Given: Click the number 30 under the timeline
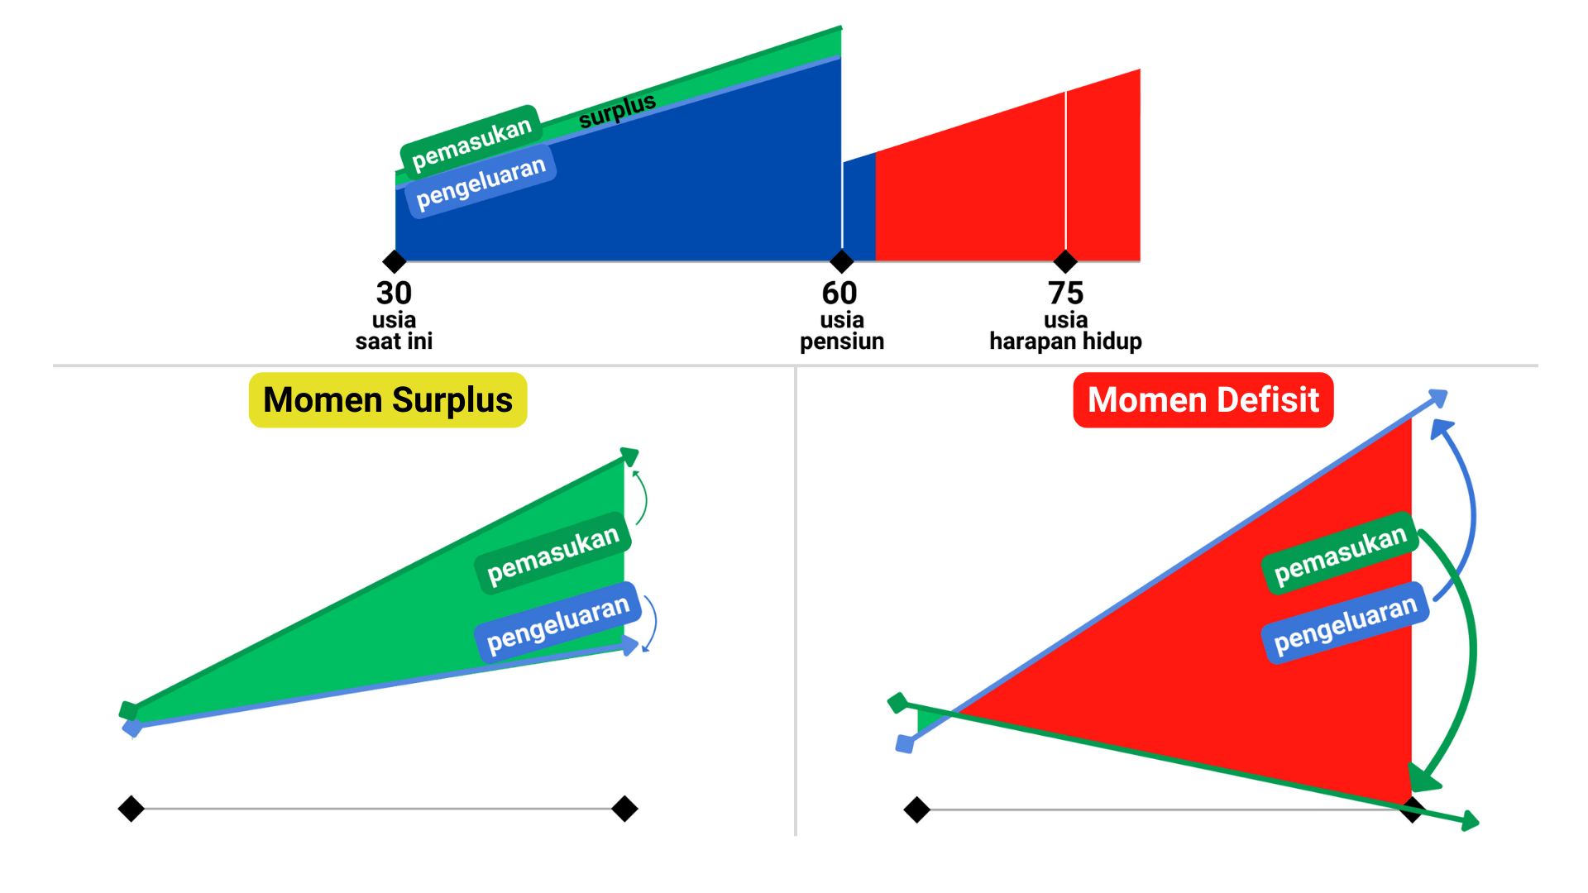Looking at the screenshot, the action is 394,293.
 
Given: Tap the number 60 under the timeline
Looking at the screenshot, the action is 839,293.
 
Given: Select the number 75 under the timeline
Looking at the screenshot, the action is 1065,293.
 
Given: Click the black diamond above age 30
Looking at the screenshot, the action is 395,262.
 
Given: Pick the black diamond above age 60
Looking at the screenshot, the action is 841,262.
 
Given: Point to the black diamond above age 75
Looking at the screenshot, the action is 1065,262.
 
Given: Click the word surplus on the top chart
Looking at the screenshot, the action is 617,111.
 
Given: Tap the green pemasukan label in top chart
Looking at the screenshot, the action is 471,142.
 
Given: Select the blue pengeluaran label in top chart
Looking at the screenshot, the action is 481,182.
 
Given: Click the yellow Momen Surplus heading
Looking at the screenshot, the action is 388,400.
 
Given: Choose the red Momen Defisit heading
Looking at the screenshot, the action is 1203,400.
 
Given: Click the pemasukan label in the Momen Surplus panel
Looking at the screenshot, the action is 552,555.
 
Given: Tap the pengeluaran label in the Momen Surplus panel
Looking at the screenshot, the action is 557,624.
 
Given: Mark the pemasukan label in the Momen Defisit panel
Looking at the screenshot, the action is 1340,555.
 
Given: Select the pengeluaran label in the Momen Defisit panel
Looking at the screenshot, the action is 1345,624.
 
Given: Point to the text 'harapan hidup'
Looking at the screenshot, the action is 1065,341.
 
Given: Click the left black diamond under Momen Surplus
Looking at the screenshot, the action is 132,808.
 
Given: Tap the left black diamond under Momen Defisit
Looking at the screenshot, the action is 916,809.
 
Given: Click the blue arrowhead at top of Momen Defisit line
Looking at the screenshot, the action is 1439,398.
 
